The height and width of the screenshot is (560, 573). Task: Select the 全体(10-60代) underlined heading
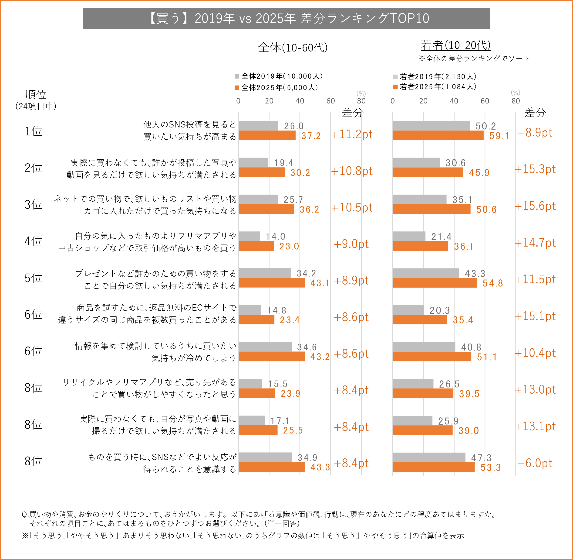(x=293, y=47)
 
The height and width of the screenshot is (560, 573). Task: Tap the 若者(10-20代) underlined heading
(x=455, y=45)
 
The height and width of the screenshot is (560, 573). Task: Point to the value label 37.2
(x=311, y=136)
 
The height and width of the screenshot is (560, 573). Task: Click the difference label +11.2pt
(x=352, y=134)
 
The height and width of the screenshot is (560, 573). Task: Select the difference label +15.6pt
(x=535, y=206)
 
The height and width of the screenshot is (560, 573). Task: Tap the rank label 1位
(x=33, y=131)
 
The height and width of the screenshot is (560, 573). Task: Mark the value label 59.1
(x=499, y=136)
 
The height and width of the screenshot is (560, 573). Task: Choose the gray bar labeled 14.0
(x=249, y=236)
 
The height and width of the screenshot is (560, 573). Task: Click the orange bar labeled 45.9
(x=428, y=172)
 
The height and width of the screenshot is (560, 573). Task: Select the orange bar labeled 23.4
(x=256, y=320)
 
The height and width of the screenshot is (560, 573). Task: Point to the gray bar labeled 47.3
(x=429, y=457)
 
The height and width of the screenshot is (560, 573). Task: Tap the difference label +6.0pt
(x=535, y=463)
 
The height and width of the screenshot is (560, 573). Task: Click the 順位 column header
(x=36, y=95)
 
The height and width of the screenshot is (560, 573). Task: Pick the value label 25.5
(x=293, y=430)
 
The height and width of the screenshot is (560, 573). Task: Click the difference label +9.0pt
(x=351, y=244)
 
